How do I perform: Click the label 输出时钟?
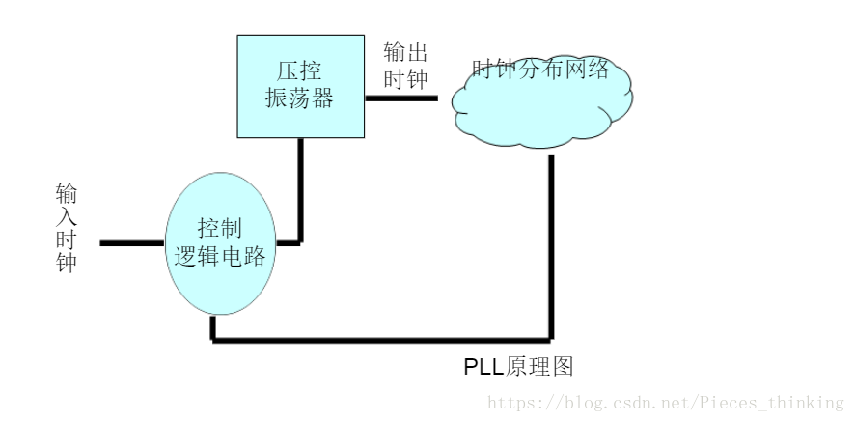pyautogui.click(x=405, y=65)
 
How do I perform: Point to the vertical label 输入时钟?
pyautogui.click(x=66, y=229)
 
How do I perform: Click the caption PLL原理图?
pyautogui.click(x=519, y=367)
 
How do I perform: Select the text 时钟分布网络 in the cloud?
pyautogui.click(x=541, y=70)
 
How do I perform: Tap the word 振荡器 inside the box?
pyautogui.click(x=300, y=99)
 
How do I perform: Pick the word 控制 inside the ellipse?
pyautogui.click(x=219, y=229)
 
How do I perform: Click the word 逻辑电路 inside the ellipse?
pyautogui.click(x=219, y=256)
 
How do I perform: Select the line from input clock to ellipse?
pyautogui.click(x=131, y=243)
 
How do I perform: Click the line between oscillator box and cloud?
pyautogui.click(x=401, y=98)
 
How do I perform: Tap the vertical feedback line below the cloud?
pyautogui.click(x=551, y=246)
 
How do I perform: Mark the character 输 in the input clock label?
pyautogui.click(x=66, y=194)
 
